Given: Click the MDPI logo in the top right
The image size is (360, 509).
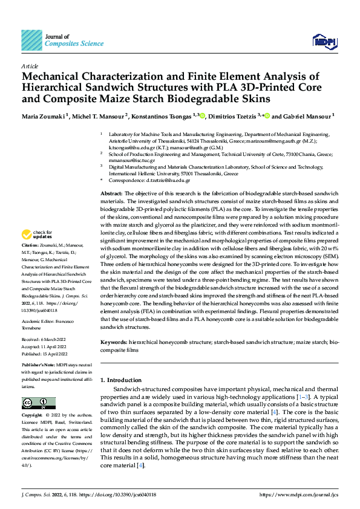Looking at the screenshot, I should pyautogui.click(x=324, y=41).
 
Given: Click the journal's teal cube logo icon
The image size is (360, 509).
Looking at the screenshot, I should pyautogui.click(x=31, y=41).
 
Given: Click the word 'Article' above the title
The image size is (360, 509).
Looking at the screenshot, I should pyautogui.click(x=30, y=66).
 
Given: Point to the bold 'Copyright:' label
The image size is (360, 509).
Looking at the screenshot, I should pyautogui.click(x=32, y=416).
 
